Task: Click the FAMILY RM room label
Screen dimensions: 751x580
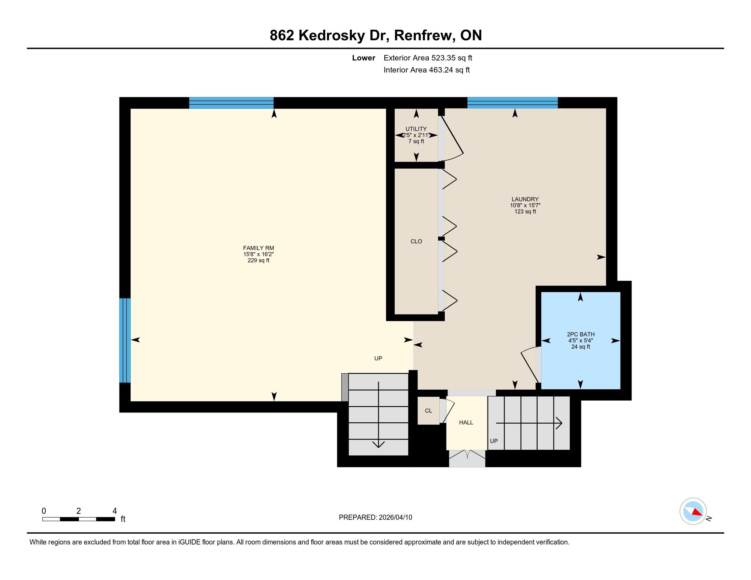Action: tap(258, 248)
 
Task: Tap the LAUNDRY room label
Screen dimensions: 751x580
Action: tap(525, 199)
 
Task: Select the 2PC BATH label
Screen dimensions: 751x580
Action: tap(580, 334)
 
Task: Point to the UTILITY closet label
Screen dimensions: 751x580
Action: tap(416, 129)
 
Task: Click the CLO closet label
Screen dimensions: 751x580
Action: tap(416, 242)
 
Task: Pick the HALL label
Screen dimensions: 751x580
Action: tap(466, 423)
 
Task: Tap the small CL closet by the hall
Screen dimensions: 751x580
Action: tap(428, 410)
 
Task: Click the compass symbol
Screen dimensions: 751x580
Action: tap(693, 511)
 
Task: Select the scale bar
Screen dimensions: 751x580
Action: tap(79, 519)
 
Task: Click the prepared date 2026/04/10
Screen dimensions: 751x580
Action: tap(395, 518)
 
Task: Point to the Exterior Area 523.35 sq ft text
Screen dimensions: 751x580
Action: tap(428, 58)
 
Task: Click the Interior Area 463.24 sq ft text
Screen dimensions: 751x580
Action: tap(426, 70)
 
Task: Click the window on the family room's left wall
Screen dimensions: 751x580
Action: tap(125, 340)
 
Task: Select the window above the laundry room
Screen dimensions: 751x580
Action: tap(512, 103)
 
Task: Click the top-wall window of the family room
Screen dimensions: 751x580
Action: tap(231, 103)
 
